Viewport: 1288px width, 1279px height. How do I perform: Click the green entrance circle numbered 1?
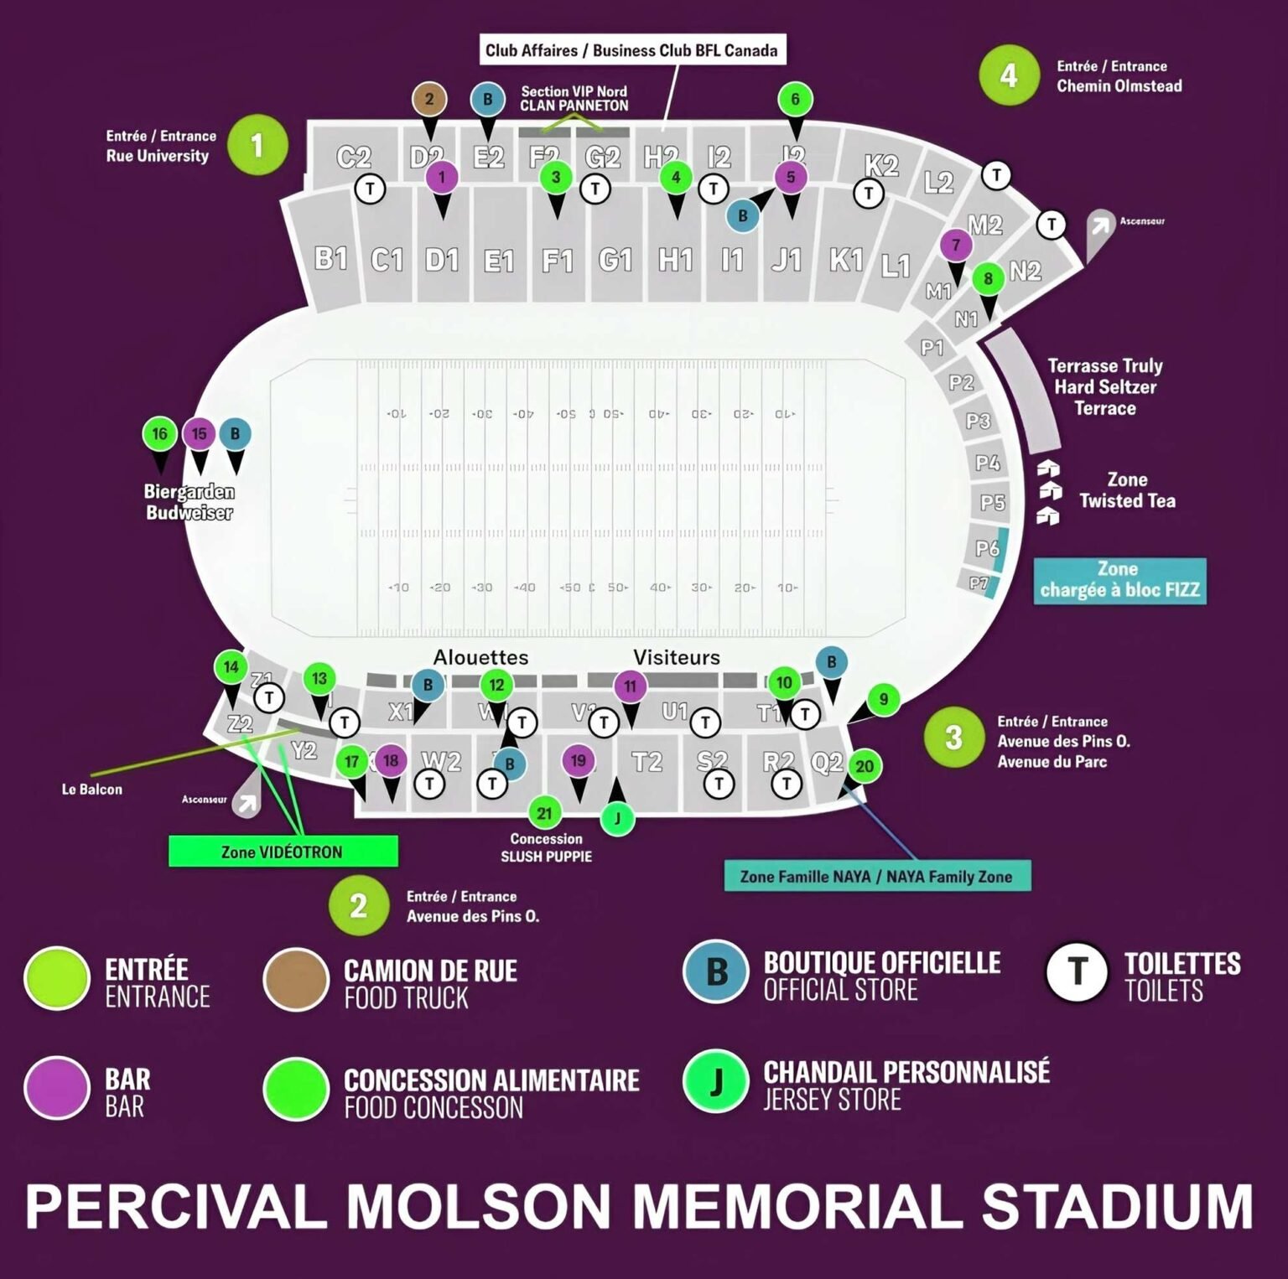257,145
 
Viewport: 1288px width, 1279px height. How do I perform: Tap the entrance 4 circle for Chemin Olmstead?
1009,75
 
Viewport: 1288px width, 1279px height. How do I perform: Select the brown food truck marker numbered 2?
429,99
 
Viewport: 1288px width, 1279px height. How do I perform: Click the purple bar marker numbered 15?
199,434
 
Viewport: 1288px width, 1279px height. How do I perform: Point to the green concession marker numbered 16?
159,434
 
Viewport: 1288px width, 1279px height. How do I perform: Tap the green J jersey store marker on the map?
617,818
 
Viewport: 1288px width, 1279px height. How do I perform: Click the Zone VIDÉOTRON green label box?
283,852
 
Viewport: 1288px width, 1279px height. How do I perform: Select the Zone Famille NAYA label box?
877,877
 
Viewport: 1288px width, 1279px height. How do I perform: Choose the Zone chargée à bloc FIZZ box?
1119,580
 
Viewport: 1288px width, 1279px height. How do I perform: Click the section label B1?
331,257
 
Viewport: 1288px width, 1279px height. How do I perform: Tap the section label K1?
846,260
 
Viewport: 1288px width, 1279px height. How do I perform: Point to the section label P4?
988,462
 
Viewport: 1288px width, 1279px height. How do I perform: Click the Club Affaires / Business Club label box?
632,50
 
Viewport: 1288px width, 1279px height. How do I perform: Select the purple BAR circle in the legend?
56,1088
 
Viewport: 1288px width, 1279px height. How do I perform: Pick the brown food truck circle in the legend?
295,979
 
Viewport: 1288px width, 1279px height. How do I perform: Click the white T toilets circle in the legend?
1078,972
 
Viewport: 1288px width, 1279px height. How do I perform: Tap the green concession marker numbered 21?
544,812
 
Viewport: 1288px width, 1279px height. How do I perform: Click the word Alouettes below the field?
480,657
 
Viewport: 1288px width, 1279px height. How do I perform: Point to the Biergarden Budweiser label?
189,502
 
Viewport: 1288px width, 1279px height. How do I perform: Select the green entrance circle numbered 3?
953,738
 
